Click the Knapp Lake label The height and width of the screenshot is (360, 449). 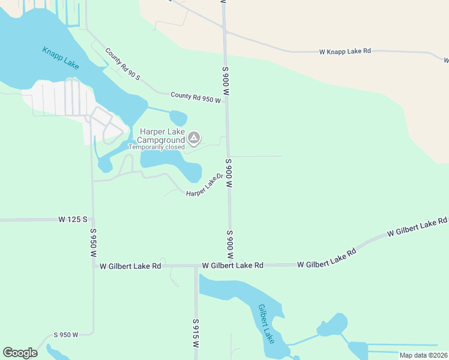pyautogui.click(x=61, y=58)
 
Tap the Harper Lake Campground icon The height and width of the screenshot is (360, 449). pyautogui.click(x=194, y=139)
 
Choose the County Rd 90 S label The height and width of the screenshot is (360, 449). pyautogui.click(x=122, y=64)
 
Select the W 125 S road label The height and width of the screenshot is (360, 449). pyautogui.click(x=73, y=220)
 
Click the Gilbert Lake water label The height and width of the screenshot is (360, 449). pyautogui.click(x=266, y=324)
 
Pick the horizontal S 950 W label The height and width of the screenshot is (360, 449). pyautogui.click(x=66, y=335)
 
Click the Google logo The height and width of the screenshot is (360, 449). pyautogui.click(x=20, y=352)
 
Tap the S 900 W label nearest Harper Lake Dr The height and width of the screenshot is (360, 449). pyautogui.click(x=229, y=174)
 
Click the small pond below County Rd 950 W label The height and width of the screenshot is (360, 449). pyautogui.click(x=178, y=118)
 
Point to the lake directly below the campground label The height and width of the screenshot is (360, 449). pyautogui.click(x=165, y=160)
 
